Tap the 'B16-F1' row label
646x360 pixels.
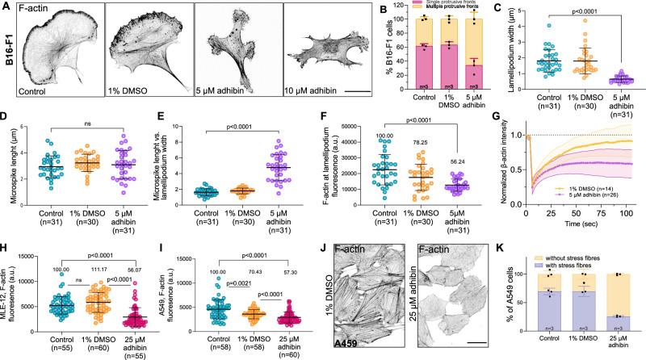[9, 61]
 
